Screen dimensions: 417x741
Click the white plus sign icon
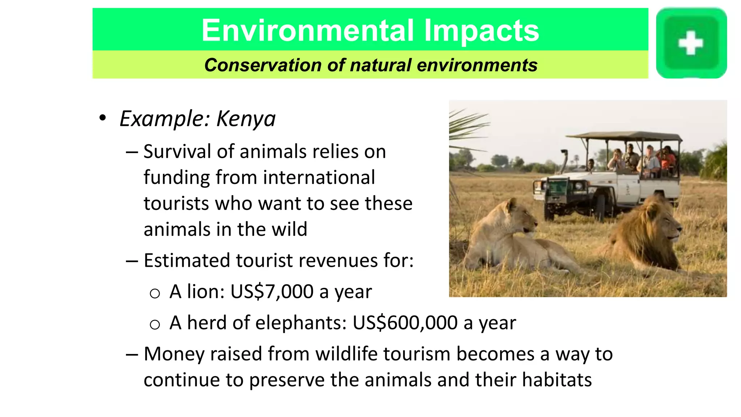click(690, 43)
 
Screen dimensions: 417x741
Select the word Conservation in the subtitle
click(263, 65)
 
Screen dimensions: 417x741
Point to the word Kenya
click(246, 119)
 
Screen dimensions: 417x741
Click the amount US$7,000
click(272, 291)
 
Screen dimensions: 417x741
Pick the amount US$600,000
click(405, 323)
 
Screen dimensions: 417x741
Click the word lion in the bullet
click(204, 291)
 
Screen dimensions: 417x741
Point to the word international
click(319, 177)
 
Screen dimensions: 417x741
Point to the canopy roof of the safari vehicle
click(624, 136)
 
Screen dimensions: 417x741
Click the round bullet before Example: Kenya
click(103, 118)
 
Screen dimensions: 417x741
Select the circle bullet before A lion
click(155, 293)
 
